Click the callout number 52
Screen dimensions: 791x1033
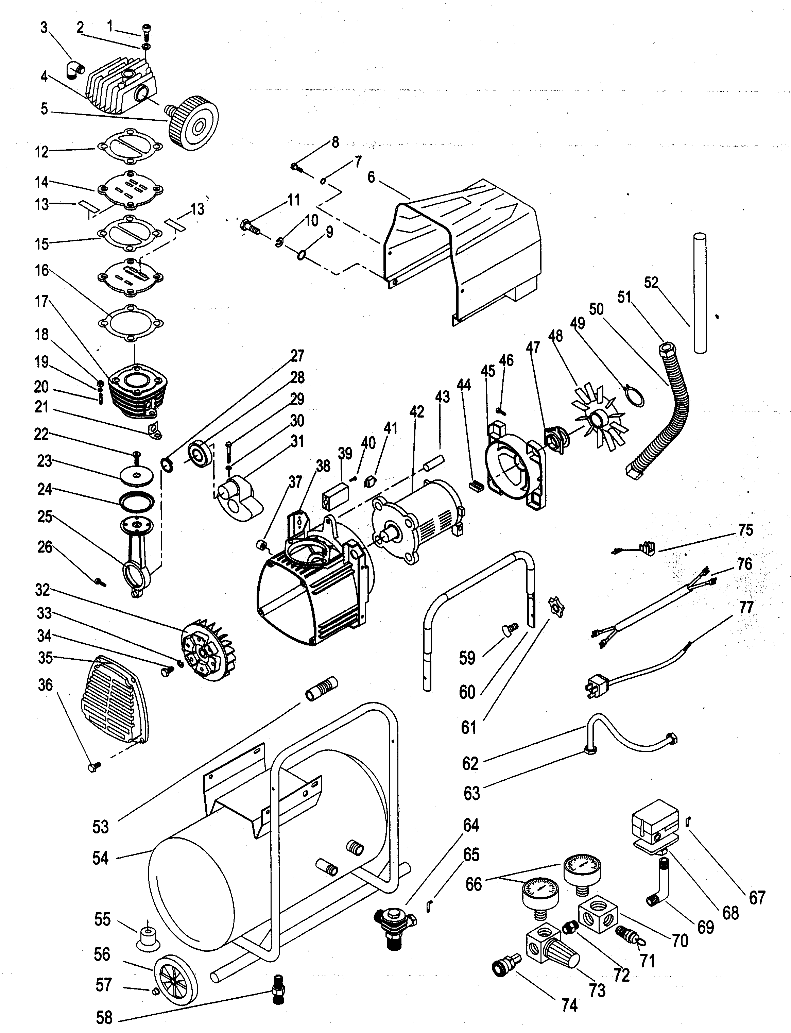point(651,284)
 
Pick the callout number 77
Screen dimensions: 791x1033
point(746,608)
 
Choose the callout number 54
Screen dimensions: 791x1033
point(100,858)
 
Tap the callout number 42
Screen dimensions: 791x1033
point(417,412)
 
